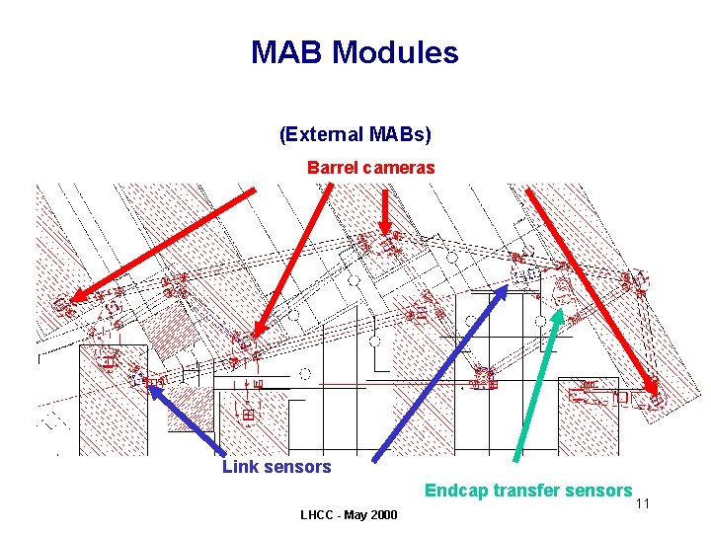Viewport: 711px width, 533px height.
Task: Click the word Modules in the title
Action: (396, 52)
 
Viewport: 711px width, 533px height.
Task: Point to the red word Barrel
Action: (334, 168)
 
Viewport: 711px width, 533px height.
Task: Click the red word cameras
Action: (400, 168)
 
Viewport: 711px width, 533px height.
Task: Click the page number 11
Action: (642, 504)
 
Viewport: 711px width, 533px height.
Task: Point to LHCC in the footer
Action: (318, 515)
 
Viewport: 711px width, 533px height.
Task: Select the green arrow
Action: (538, 385)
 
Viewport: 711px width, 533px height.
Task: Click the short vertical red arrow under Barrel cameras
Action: (384, 212)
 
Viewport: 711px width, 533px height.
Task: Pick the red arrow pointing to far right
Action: (592, 296)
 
